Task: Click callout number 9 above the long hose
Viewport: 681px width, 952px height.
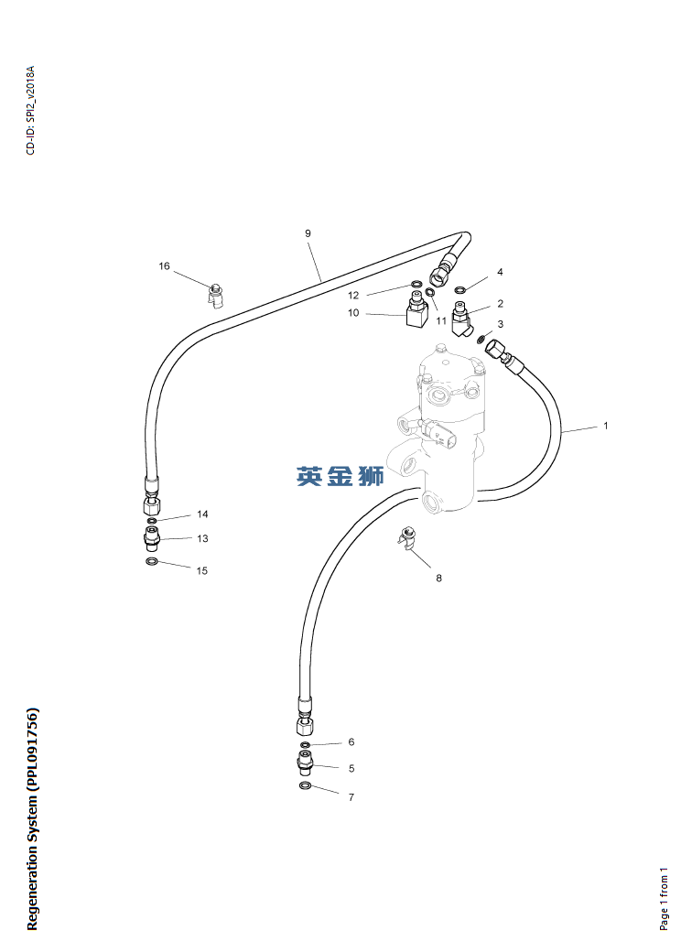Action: click(x=308, y=233)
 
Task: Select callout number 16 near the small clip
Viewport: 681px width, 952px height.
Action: click(x=165, y=266)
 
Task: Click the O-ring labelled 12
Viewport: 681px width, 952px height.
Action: click(x=416, y=284)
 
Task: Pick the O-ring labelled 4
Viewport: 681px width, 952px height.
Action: click(x=460, y=289)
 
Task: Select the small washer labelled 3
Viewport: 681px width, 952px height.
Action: click(x=481, y=338)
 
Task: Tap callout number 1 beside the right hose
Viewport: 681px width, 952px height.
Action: click(x=605, y=426)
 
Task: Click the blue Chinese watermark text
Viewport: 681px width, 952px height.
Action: click(x=340, y=477)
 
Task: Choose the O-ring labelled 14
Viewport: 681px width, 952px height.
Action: click(x=152, y=521)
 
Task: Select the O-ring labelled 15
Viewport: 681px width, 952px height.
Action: click(x=152, y=561)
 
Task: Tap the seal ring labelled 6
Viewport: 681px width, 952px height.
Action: click(x=306, y=745)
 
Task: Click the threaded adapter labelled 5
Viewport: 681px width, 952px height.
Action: click(x=306, y=763)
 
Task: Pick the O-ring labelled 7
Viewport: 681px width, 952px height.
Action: click(x=306, y=787)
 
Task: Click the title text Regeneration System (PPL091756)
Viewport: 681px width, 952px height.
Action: click(x=32, y=819)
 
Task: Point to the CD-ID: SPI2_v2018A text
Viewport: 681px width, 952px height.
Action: click(x=31, y=110)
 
